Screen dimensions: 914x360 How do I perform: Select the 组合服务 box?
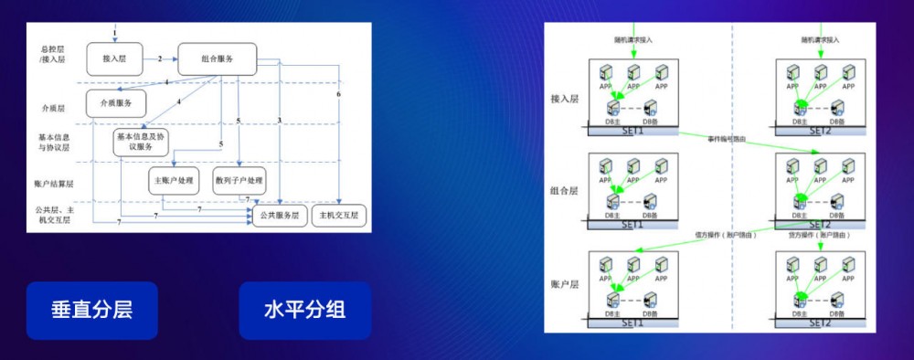[217, 59]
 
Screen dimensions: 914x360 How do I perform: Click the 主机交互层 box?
[337, 217]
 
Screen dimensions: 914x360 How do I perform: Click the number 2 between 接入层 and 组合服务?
[159, 58]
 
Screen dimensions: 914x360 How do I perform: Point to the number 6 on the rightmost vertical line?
[338, 94]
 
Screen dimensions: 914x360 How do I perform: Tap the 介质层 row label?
[53, 109]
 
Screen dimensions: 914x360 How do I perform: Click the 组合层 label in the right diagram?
[565, 192]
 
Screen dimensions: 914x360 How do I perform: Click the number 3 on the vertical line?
[278, 121]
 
